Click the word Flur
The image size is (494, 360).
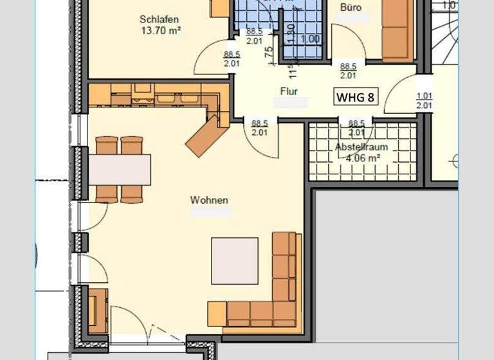click(x=289, y=91)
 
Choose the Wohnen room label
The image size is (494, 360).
click(x=209, y=200)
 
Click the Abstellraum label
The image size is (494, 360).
click(x=361, y=147)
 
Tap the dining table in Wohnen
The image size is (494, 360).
click(x=119, y=170)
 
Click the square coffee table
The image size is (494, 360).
click(x=234, y=260)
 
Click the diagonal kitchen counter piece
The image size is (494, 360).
click(x=206, y=135)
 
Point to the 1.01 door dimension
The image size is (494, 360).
click(x=424, y=96)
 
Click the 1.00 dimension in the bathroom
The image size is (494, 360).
click(x=310, y=39)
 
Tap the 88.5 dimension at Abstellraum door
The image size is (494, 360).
click(x=357, y=123)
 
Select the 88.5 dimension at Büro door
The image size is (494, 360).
click(x=348, y=66)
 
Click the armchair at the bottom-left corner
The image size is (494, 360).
click(x=97, y=310)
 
